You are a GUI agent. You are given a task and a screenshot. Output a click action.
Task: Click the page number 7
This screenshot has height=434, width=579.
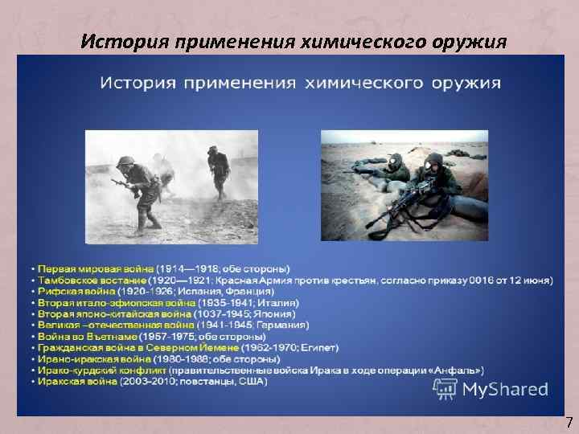tap(569, 421)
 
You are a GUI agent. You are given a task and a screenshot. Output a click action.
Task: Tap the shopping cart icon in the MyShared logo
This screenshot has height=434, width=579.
tap(445, 389)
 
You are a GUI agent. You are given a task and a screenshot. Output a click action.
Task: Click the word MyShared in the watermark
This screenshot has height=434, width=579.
tap(505, 390)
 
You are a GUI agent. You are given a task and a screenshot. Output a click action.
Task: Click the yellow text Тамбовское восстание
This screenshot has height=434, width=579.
tap(92, 279)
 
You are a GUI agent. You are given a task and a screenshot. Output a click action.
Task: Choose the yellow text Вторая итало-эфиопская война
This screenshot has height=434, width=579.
tap(116, 302)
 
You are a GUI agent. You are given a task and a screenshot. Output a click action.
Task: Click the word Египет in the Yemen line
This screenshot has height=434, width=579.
tap(320, 347)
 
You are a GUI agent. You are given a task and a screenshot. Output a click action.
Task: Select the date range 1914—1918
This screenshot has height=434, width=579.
tap(187, 268)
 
